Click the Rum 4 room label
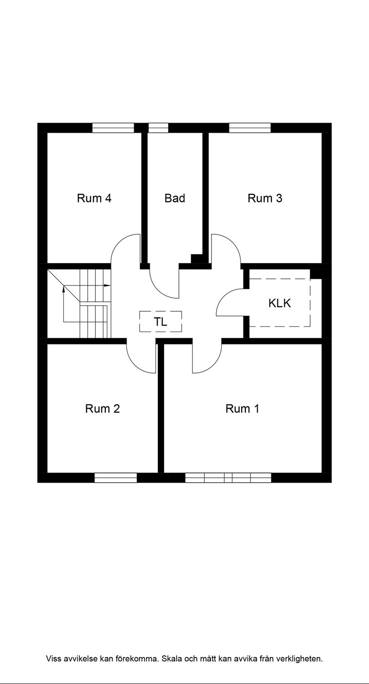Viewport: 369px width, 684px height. (94, 198)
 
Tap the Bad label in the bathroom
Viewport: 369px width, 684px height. (175, 198)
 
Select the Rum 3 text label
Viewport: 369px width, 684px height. (265, 198)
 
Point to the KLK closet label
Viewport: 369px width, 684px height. (280, 303)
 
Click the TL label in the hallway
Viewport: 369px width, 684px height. (161, 321)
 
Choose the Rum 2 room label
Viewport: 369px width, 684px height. (103, 409)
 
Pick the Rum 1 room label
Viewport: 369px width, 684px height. (242, 409)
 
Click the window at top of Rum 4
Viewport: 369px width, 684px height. (113, 128)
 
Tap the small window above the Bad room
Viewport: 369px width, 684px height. (158, 128)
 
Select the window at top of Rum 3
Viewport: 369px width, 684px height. (250, 128)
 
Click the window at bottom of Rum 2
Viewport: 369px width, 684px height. (116, 477)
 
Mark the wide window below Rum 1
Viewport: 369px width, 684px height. (228, 477)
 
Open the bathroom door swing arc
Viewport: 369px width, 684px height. (158, 290)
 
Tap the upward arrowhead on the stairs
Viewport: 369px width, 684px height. (63, 289)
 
